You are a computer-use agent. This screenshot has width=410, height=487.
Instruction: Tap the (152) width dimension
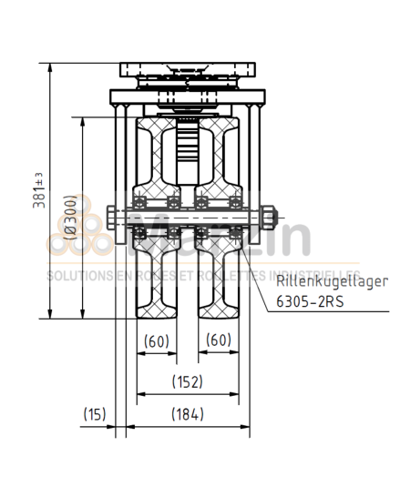[x=187, y=380]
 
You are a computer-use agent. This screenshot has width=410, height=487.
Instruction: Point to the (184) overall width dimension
[x=187, y=414]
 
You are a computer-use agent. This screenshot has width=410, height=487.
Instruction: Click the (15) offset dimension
[x=95, y=414]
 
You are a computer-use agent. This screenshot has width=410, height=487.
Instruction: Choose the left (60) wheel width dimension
[x=157, y=340]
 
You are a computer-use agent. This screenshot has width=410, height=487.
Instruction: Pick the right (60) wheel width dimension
[x=218, y=340]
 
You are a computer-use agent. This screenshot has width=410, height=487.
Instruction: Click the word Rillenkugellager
[x=332, y=281]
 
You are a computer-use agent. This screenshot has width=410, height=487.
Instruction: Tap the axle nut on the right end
[x=268, y=217]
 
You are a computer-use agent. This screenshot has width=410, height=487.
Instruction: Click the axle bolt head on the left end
[x=110, y=217]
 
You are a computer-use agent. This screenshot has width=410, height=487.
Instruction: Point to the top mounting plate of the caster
[x=187, y=67]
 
